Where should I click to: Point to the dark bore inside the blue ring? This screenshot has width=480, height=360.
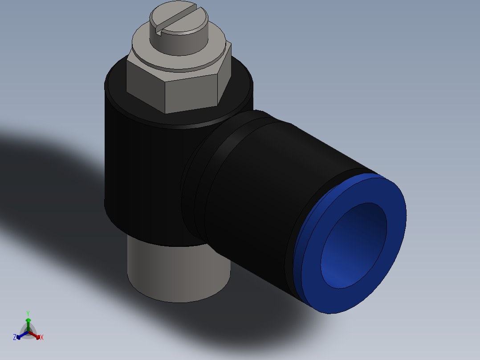click(354, 245)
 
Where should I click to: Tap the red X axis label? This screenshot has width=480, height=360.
click(42, 338)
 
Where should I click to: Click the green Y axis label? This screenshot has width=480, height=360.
click(28, 313)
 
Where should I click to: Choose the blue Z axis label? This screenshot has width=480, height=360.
click(14, 337)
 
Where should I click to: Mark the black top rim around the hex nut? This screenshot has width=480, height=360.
click(116, 89)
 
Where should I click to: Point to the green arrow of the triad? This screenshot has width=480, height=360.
click(28, 323)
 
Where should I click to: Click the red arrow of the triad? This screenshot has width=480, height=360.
click(36, 335)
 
